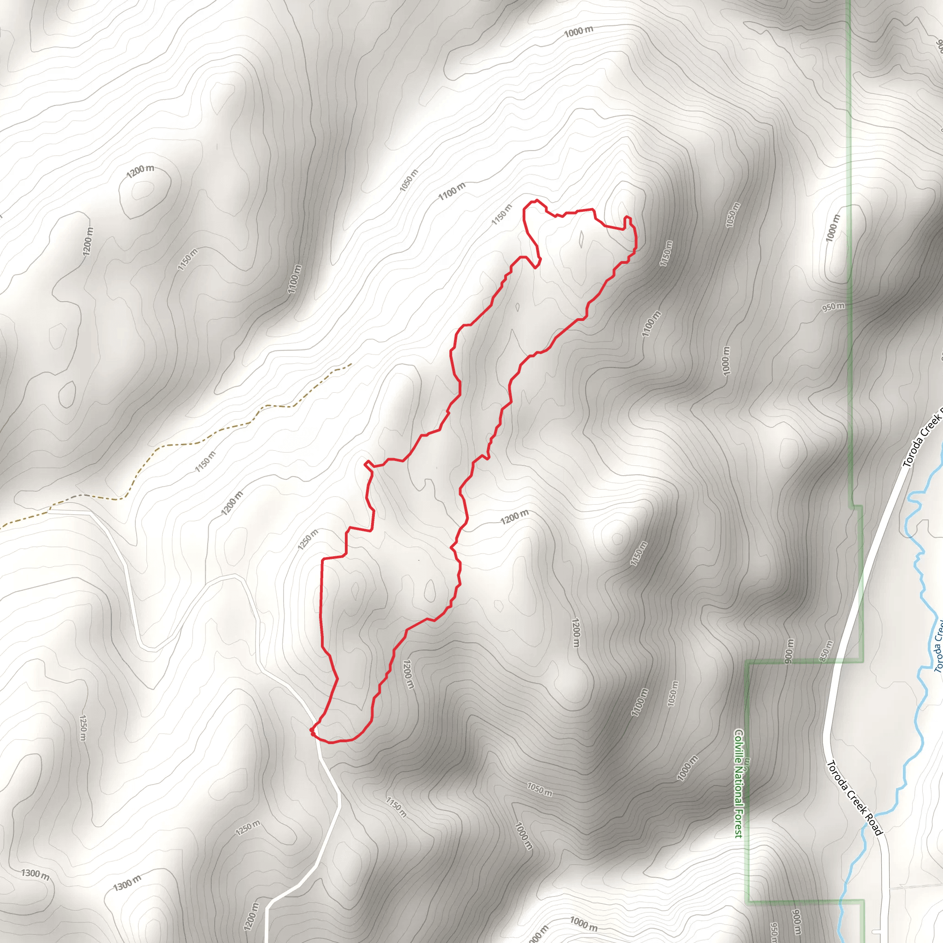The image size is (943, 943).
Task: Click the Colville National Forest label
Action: click(739, 783)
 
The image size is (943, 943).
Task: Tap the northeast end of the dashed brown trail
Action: click(351, 364)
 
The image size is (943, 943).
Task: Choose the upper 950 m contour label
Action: click(833, 307)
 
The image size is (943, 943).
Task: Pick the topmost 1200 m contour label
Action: click(140, 171)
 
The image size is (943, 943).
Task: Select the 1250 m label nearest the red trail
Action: click(308, 539)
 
